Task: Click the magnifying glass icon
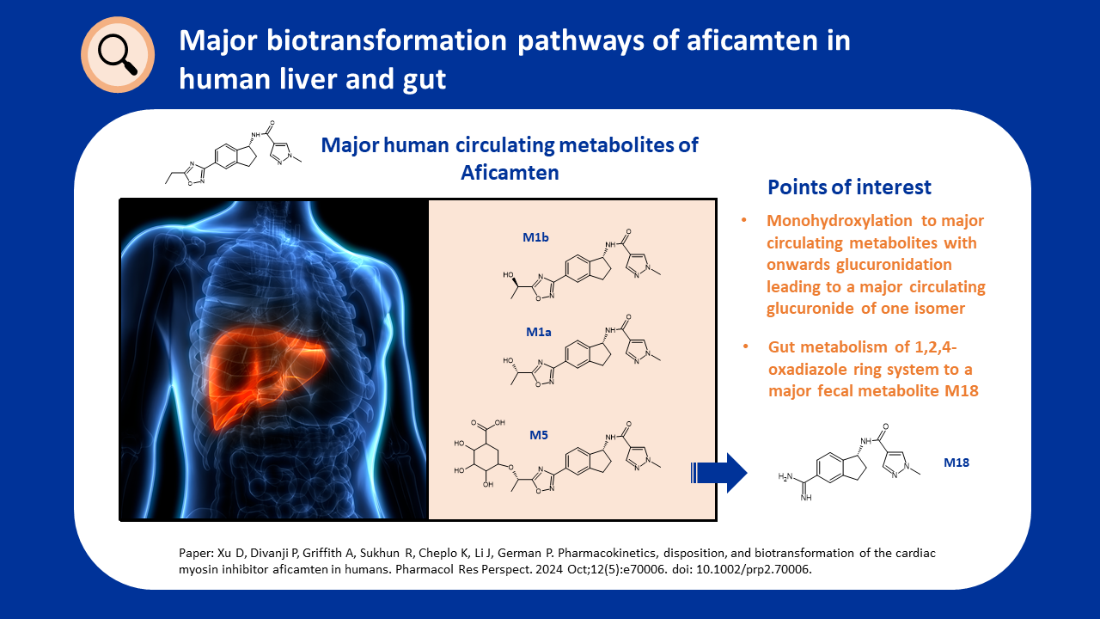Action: pyautogui.click(x=118, y=54)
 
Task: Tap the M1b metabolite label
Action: pyautogui.click(x=535, y=237)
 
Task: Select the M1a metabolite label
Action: pyautogui.click(x=538, y=332)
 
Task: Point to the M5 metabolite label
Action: pyautogui.click(x=538, y=435)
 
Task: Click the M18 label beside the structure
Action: pyautogui.click(x=956, y=463)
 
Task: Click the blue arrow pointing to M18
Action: pyautogui.click(x=719, y=473)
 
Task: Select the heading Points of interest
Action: pyautogui.click(x=849, y=187)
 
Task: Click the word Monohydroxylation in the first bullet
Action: pyautogui.click(x=840, y=221)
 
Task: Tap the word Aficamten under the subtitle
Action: pyautogui.click(x=510, y=173)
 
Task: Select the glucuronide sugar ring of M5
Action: pyautogui.click(x=486, y=457)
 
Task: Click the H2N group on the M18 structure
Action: pyautogui.click(x=785, y=476)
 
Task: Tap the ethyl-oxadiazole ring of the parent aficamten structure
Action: pyautogui.click(x=195, y=173)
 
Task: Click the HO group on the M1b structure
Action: pyautogui.click(x=508, y=274)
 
